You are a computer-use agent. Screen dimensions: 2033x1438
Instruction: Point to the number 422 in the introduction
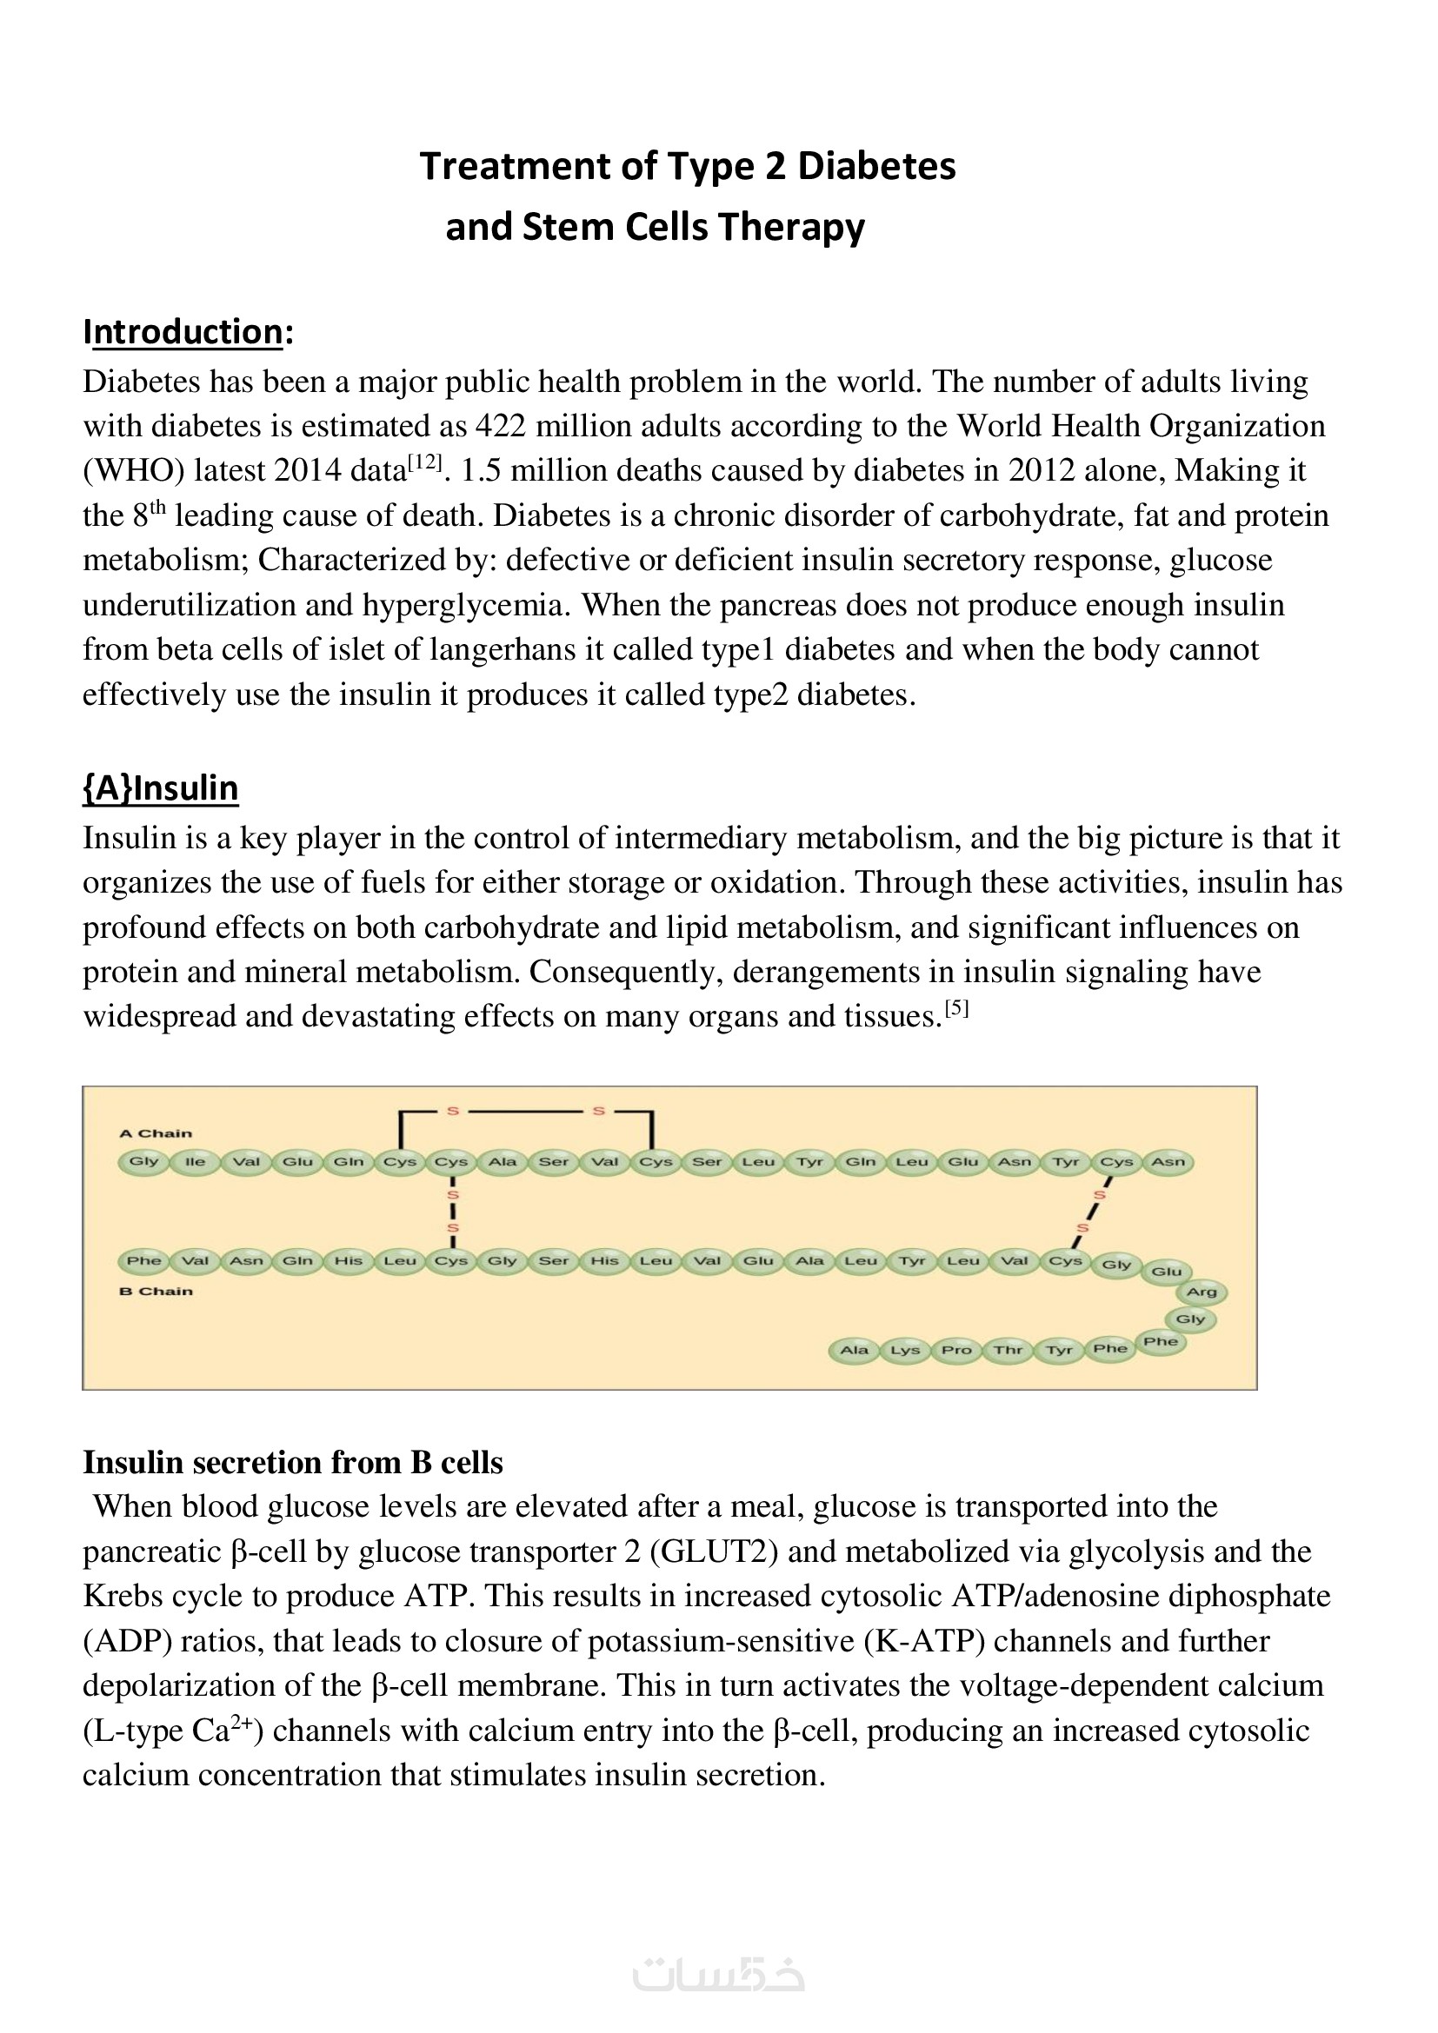point(500,427)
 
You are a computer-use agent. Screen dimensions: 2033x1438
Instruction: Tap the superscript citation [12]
point(424,462)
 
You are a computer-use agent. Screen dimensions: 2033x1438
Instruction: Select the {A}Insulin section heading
point(160,788)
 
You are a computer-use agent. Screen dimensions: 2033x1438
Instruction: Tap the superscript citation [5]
point(956,1008)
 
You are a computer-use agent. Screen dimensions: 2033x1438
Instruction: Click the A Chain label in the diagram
point(156,1133)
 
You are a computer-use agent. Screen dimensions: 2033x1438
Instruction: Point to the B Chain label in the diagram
point(156,1291)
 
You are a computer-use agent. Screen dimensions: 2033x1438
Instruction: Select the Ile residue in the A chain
point(195,1162)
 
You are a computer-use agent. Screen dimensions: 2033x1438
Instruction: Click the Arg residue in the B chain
point(1201,1292)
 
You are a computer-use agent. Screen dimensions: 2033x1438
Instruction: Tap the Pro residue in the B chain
point(956,1351)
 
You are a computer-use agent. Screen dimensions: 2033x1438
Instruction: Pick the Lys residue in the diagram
point(905,1351)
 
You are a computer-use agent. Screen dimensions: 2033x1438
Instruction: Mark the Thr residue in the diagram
point(1008,1351)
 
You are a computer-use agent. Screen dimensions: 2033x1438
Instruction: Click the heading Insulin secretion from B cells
point(292,1463)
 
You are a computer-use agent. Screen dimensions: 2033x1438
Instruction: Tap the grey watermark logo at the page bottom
point(718,1976)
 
